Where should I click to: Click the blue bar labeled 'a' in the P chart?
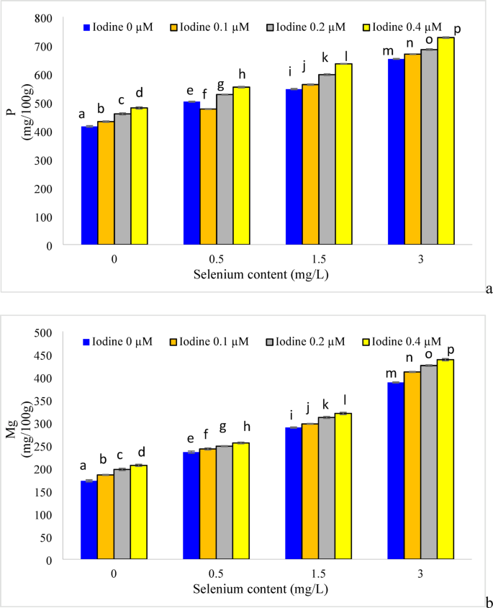89,186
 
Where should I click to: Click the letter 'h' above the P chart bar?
242,75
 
